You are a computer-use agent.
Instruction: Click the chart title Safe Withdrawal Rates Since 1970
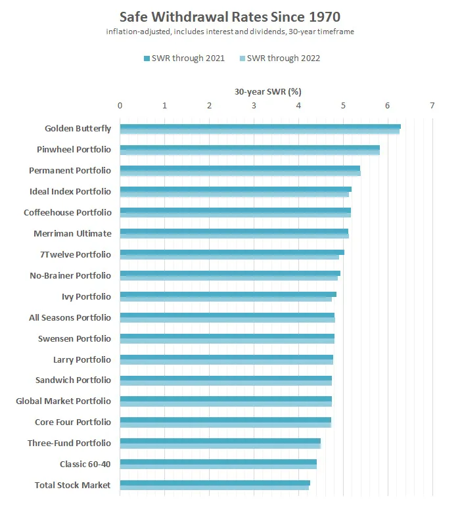coord(230,16)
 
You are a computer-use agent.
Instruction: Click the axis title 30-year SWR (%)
coord(268,92)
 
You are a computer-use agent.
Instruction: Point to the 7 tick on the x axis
coord(432,105)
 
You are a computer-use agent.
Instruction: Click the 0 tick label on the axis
coord(120,105)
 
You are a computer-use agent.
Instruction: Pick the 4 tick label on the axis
coord(298,105)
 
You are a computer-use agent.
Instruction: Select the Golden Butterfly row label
coord(78,129)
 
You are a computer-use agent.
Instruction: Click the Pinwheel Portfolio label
coord(74,150)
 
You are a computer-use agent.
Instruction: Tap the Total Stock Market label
coord(72,486)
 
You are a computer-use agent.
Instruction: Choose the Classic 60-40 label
coord(85,464)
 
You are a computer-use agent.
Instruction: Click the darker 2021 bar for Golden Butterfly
coord(260,126)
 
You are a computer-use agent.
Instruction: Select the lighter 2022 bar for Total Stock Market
coord(214,488)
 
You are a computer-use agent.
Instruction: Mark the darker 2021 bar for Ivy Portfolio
coord(227,294)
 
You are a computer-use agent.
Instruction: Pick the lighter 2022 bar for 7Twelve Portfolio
coord(229,257)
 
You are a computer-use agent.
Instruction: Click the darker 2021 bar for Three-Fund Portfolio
coord(219,441)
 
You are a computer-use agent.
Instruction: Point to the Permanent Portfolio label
coord(70,171)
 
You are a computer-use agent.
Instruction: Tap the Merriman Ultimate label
coord(72,234)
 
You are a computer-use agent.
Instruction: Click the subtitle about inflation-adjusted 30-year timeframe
coord(230,32)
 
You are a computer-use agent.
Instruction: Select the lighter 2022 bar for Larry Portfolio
coord(226,362)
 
